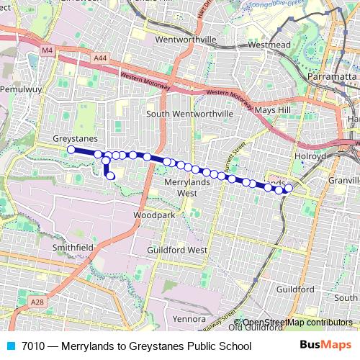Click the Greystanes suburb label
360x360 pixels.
tap(76, 138)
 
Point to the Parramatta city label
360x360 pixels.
tap(332, 76)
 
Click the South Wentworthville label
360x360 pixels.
tap(189, 114)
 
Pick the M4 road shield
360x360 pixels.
tap(48, 50)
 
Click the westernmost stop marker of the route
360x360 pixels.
tap(71, 150)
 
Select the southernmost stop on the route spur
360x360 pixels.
tap(111, 176)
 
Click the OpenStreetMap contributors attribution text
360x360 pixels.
tap(297, 323)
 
